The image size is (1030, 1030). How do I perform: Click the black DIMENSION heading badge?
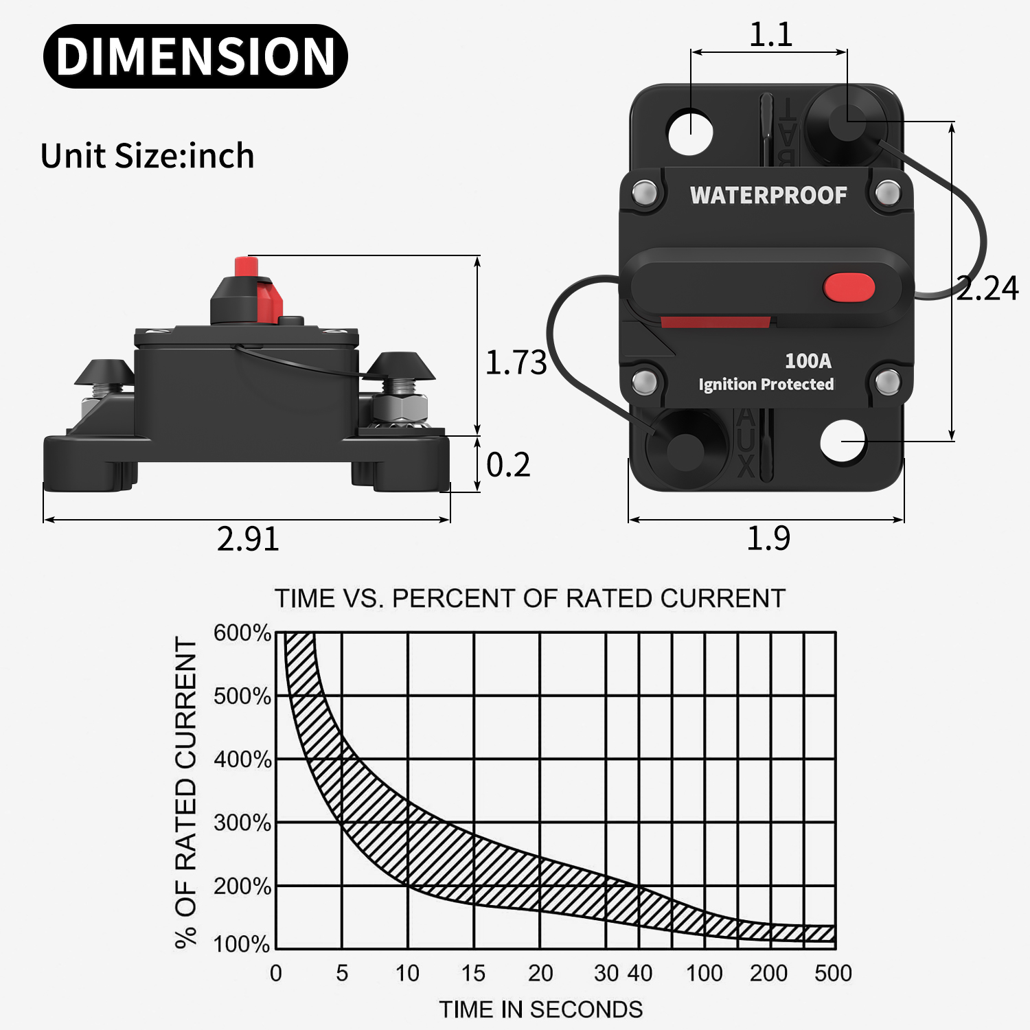click(196, 56)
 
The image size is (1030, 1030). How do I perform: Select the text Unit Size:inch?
click(147, 156)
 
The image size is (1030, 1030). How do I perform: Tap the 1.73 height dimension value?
click(516, 363)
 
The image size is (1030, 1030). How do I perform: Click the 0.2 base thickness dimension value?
click(508, 465)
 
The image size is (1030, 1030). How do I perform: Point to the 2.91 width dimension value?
click(248, 539)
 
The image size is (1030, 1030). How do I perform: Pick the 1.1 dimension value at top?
click(770, 34)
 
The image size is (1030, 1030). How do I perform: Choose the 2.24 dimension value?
click(987, 288)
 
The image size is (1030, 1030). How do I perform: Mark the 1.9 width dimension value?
click(768, 538)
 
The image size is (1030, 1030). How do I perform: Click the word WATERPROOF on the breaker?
click(768, 196)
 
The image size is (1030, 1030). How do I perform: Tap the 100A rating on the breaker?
click(808, 360)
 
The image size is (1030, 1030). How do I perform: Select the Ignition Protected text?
click(766, 385)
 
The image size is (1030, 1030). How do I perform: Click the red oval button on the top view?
click(849, 288)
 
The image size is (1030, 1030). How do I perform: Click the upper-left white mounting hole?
click(691, 131)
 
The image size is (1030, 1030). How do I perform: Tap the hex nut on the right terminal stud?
click(402, 409)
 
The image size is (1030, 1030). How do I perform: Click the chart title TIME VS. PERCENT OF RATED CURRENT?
click(529, 599)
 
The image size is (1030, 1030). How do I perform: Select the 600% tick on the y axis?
click(242, 632)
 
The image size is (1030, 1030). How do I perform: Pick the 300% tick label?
click(242, 823)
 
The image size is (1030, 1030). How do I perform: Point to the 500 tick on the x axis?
click(833, 973)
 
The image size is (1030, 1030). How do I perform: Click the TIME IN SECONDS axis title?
click(541, 1009)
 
